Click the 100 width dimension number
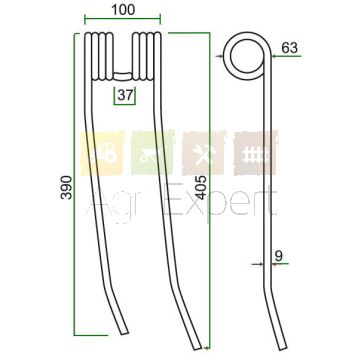point(123,10)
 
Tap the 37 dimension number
point(125,96)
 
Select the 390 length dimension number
point(66,187)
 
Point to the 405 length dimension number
point(201,187)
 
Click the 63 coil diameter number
point(289,48)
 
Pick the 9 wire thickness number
point(279,256)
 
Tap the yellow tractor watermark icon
point(102,153)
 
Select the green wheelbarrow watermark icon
point(153,153)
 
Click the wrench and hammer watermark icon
point(204,153)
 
